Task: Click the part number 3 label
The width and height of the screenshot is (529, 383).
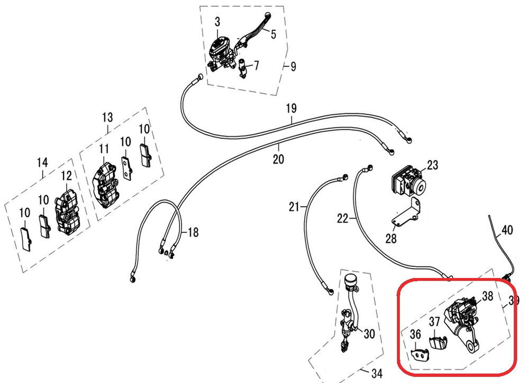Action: pyautogui.click(x=217, y=22)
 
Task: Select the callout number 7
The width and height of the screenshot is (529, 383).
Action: pyautogui.click(x=256, y=66)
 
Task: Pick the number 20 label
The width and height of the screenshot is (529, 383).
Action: pyautogui.click(x=278, y=159)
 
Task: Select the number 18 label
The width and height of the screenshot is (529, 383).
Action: pyautogui.click(x=193, y=233)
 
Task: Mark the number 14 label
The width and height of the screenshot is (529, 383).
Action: pyautogui.click(x=42, y=162)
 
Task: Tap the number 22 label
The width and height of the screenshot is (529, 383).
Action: pyautogui.click(x=343, y=218)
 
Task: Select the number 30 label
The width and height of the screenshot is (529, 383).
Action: pyautogui.click(x=369, y=334)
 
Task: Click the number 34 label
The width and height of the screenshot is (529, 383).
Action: pyautogui.click(x=376, y=374)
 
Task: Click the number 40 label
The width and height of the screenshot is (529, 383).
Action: pyautogui.click(x=507, y=230)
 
